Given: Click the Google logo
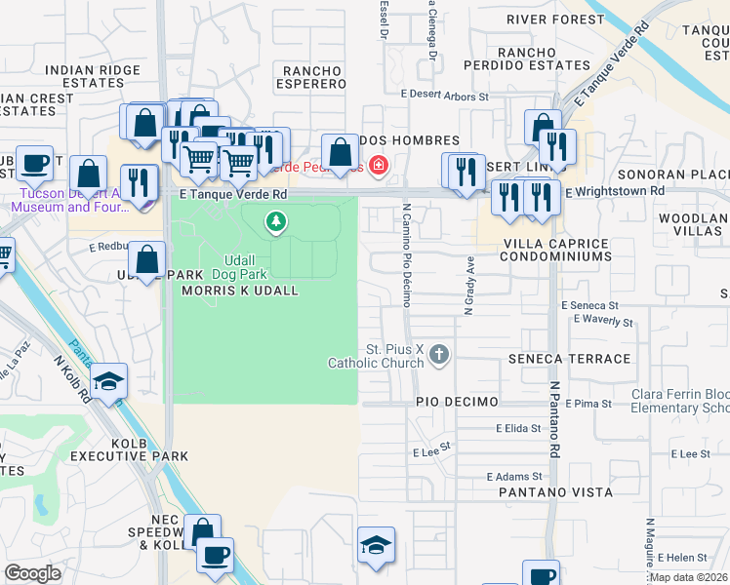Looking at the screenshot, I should (33, 573).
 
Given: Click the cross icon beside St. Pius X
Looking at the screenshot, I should (439, 353).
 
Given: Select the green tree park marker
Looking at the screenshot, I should (277, 223).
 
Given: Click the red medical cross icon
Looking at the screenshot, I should (376, 167).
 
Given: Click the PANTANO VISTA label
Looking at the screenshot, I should (555, 492).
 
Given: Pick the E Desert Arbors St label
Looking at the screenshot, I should (444, 97).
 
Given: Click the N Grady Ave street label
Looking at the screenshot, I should (468, 286).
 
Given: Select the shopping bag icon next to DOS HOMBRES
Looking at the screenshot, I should (340, 152).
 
